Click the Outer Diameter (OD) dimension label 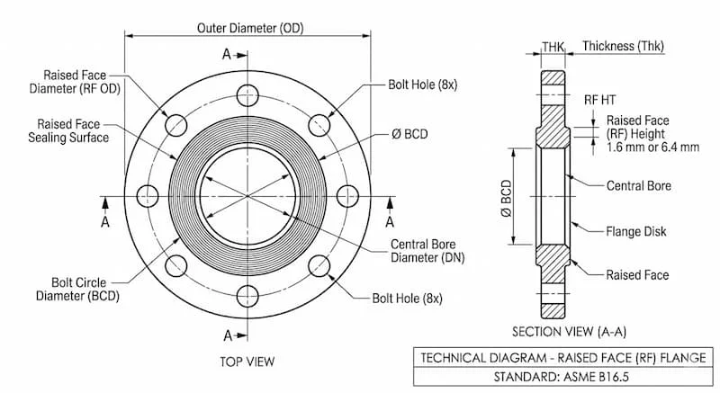[x=249, y=28]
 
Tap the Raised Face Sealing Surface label [x=73, y=130]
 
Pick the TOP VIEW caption [x=247, y=362]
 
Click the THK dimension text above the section [x=553, y=46]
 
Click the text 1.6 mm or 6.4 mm [x=652, y=147]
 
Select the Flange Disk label [x=636, y=231]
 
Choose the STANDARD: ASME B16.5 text [x=558, y=375]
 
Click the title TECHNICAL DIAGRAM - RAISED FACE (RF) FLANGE [x=558, y=357]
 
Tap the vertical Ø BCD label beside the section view [x=506, y=197]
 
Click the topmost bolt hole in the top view [x=247, y=94]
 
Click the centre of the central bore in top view [x=247, y=194]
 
